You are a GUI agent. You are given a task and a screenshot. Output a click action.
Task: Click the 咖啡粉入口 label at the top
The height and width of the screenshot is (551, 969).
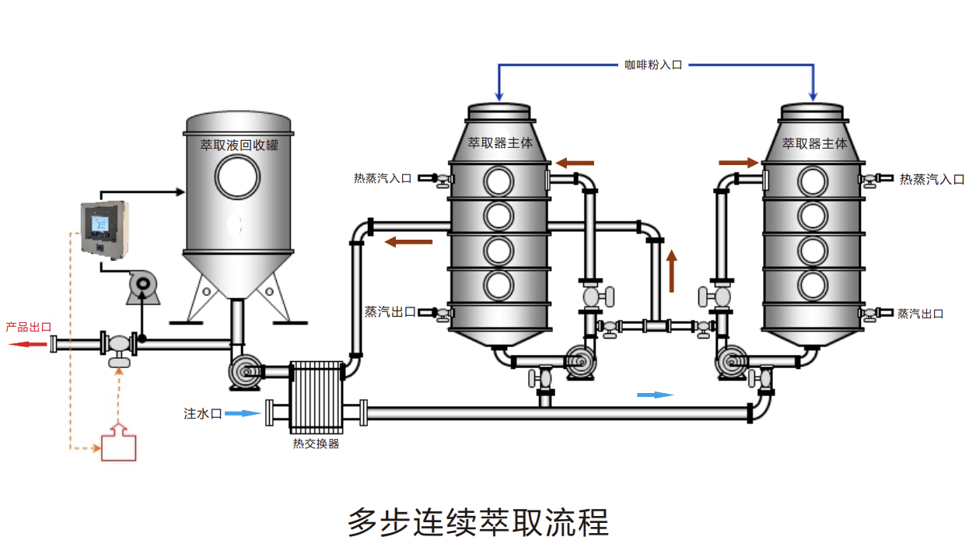point(653,65)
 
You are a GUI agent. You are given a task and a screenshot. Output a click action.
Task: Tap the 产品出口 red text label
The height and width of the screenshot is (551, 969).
point(29,327)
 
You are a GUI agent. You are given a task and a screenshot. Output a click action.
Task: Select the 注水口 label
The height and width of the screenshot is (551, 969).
point(202,414)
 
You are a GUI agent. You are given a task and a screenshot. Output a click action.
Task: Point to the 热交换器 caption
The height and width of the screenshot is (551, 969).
point(316,444)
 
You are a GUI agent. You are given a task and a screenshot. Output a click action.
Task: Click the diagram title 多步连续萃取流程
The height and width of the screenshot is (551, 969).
point(478,522)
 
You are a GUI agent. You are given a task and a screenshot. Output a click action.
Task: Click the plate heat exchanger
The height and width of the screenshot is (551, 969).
point(317,398)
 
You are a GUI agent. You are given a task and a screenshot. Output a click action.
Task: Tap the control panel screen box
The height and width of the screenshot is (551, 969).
point(105,230)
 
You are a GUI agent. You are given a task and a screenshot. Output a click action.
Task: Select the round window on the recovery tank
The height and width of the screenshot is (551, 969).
point(237,177)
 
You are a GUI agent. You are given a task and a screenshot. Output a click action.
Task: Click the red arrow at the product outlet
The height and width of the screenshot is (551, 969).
point(28,344)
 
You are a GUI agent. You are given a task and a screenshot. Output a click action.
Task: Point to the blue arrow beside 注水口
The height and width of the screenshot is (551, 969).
point(243,413)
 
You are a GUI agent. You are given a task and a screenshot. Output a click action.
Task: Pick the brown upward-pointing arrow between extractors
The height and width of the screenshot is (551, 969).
point(671,271)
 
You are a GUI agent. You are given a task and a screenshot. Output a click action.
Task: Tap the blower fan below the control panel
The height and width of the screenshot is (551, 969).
point(143,287)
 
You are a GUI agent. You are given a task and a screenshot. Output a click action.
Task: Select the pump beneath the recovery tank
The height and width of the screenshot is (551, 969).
point(245,372)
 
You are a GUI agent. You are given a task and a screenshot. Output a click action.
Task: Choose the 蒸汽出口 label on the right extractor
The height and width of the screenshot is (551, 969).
point(920,314)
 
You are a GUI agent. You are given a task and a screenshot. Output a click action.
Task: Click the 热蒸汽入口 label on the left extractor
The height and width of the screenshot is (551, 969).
point(383,178)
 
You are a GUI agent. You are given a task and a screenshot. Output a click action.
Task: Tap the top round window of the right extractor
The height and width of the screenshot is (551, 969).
point(813,181)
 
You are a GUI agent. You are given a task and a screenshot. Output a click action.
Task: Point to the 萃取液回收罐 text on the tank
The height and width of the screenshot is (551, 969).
point(240,145)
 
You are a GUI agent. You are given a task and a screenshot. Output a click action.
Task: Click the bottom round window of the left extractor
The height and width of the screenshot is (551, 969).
point(498,286)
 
